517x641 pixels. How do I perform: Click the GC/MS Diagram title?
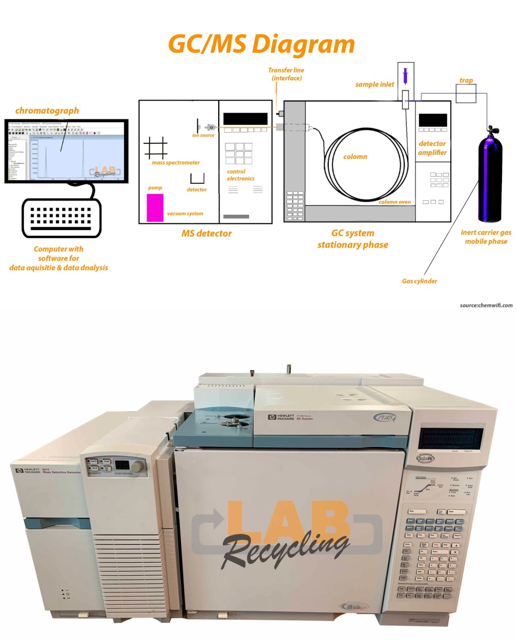point(262,45)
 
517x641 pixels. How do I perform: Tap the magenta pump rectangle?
point(155,208)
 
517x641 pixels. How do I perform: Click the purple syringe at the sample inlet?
point(405,76)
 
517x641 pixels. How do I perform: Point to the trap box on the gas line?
point(466,94)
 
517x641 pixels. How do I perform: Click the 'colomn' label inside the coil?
point(355,156)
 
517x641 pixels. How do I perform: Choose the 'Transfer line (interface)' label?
point(286,74)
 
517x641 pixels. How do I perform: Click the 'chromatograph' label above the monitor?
point(47,110)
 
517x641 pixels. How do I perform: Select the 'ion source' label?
point(203,135)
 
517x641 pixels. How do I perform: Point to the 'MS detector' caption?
point(206,234)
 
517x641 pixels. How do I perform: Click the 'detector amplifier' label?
point(432,148)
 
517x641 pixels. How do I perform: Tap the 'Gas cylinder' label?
point(419,281)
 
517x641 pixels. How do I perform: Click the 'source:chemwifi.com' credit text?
point(486,305)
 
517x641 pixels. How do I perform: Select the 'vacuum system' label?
point(185,213)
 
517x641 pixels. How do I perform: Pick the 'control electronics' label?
point(240,175)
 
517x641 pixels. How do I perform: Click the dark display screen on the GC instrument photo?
point(451,439)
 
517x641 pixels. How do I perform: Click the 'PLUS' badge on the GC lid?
point(385,417)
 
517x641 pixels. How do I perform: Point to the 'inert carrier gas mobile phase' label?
point(486,237)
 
